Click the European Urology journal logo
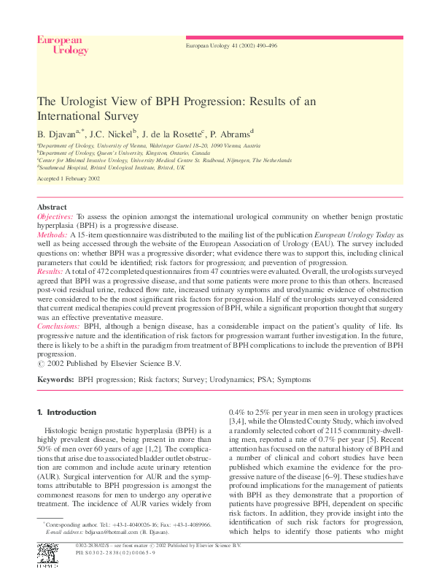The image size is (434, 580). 63,45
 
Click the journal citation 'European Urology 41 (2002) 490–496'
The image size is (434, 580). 232,45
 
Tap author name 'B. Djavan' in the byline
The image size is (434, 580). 59,134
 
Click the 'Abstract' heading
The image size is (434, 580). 52,207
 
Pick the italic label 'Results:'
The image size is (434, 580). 50,270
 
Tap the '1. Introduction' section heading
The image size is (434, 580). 66,412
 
